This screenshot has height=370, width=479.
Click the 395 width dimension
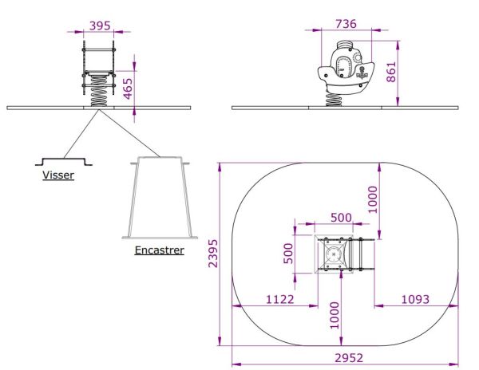pyautogui.click(x=100, y=26)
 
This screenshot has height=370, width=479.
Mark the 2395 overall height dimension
pyautogui.click(x=212, y=254)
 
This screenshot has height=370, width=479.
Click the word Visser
pyautogui.click(x=57, y=175)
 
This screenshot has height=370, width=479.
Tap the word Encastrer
pyautogui.click(x=159, y=250)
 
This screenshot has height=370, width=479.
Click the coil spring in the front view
pyautogui.click(x=99, y=91)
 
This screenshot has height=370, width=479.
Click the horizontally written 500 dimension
pyautogui.click(x=342, y=218)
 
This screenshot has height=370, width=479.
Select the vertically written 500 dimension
pyautogui.click(x=289, y=254)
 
